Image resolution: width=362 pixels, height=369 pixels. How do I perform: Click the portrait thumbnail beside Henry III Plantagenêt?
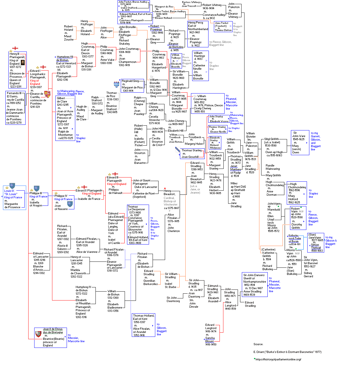pyautogui.click(x=23, y=63)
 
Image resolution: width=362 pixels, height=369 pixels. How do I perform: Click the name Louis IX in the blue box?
pyautogui.click(x=9, y=191)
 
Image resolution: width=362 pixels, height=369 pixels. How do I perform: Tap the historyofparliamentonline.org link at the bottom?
pyautogui.click(x=278, y=359)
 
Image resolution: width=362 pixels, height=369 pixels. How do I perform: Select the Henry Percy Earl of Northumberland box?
pyautogui.click(x=198, y=34)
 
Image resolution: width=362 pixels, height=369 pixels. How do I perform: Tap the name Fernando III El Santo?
pyautogui.click(x=14, y=95)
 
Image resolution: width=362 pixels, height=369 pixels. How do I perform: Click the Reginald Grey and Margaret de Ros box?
pyautogui.click(x=132, y=86)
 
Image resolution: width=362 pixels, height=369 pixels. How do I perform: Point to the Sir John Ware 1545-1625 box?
pyautogui.click(x=300, y=143)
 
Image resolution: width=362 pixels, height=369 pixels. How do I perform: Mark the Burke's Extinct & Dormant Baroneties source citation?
pyautogui.click(x=287, y=352)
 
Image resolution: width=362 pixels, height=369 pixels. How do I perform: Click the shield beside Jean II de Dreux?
pyautogui.click(x=38, y=334)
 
